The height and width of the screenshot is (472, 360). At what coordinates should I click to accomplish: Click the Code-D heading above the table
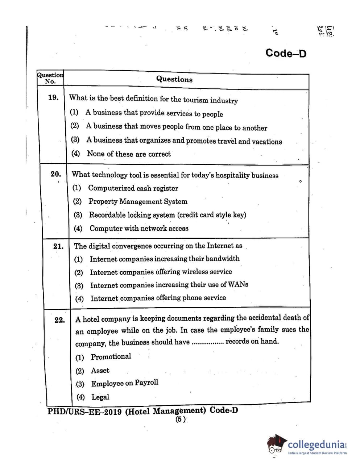(286, 53)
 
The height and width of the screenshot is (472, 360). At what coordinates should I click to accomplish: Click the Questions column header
(174, 79)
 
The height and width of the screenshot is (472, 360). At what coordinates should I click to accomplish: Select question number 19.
(53, 97)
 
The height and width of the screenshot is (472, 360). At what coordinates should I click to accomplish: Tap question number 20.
(56, 174)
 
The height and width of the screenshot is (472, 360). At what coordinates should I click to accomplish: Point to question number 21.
(58, 247)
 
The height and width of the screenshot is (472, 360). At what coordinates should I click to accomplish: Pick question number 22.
(60, 320)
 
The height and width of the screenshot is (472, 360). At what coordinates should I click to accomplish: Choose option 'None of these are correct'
(129, 154)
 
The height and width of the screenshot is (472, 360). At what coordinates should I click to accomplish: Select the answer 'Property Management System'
(138, 201)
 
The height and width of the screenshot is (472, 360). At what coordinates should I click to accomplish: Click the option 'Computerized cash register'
(133, 188)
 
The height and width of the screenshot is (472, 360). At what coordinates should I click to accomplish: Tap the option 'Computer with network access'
(139, 228)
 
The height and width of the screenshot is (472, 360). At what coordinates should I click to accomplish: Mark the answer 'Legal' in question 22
(100, 397)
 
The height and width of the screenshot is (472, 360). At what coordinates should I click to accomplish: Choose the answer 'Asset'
(100, 371)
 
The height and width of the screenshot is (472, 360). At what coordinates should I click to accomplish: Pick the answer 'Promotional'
(111, 357)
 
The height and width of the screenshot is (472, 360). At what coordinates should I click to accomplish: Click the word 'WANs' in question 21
(238, 284)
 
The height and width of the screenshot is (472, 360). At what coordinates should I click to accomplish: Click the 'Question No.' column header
(50, 78)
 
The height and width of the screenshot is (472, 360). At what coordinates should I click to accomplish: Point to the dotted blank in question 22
(207, 342)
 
